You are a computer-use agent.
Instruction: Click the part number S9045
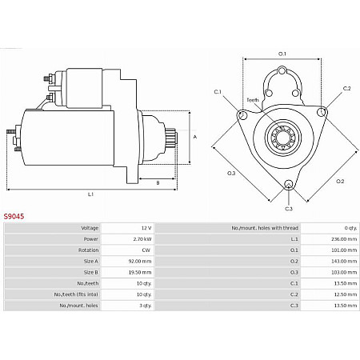click(x=13, y=216)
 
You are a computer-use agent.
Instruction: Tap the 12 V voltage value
click(x=145, y=227)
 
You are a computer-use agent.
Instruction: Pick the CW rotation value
click(x=146, y=250)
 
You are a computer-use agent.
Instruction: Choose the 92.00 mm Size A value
click(x=140, y=261)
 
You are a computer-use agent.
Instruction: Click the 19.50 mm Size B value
click(x=140, y=272)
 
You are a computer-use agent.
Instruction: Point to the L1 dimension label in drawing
click(x=90, y=194)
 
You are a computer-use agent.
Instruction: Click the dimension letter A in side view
click(x=195, y=136)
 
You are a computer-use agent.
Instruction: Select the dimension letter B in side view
click(x=157, y=183)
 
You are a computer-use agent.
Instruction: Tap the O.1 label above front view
click(x=282, y=54)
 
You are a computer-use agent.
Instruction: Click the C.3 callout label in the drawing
click(x=289, y=209)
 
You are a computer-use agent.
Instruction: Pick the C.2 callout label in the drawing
click(x=346, y=88)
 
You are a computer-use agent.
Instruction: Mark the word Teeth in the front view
click(x=252, y=100)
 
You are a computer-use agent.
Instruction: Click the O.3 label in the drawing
click(x=231, y=173)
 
